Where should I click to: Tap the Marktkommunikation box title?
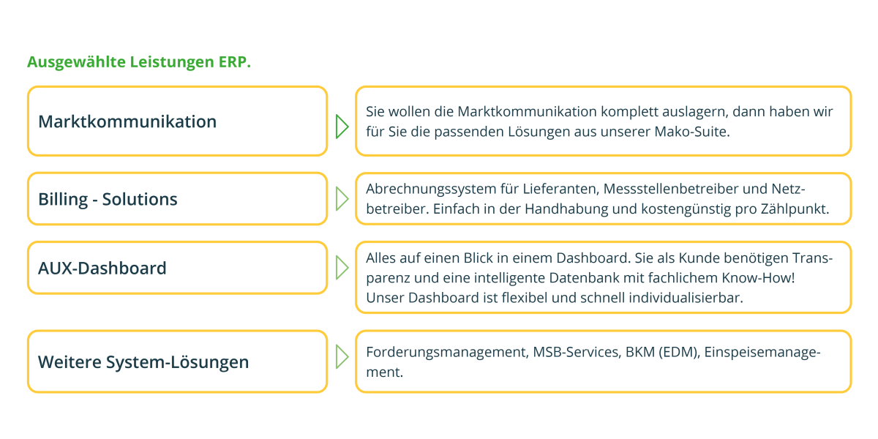[127, 121]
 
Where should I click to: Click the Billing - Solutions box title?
[108, 200]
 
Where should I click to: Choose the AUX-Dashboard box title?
[102, 269]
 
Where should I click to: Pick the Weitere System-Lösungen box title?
[143, 362]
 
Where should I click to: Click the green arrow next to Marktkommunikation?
[342, 127]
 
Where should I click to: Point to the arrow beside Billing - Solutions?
[342, 199]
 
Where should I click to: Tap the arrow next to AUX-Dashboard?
[342, 268]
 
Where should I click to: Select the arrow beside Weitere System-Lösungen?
[342, 357]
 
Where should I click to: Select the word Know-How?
[759, 278]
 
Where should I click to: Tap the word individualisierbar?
[686, 298]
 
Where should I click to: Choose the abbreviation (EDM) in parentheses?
[679, 353]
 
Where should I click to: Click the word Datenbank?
[584, 278]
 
